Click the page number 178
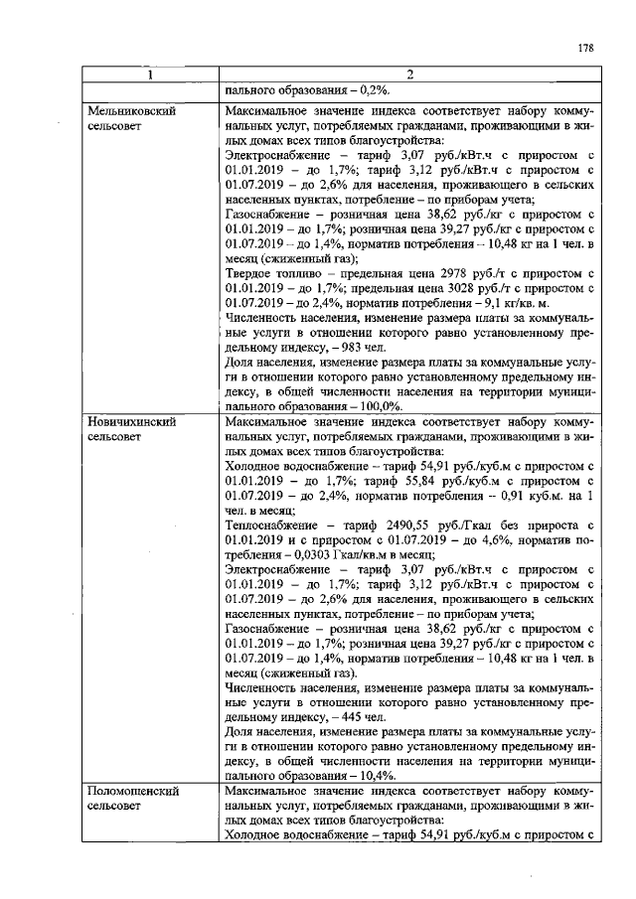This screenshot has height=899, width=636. click(x=584, y=48)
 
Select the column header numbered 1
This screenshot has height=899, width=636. click(x=151, y=75)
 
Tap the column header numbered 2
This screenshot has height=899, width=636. click(x=408, y=75)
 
